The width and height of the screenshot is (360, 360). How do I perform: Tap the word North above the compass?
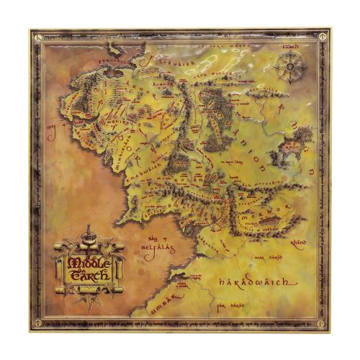pos(291,48)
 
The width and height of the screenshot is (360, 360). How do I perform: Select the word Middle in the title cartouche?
pos(86,261)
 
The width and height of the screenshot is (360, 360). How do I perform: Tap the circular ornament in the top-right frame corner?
pos(326,34)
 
